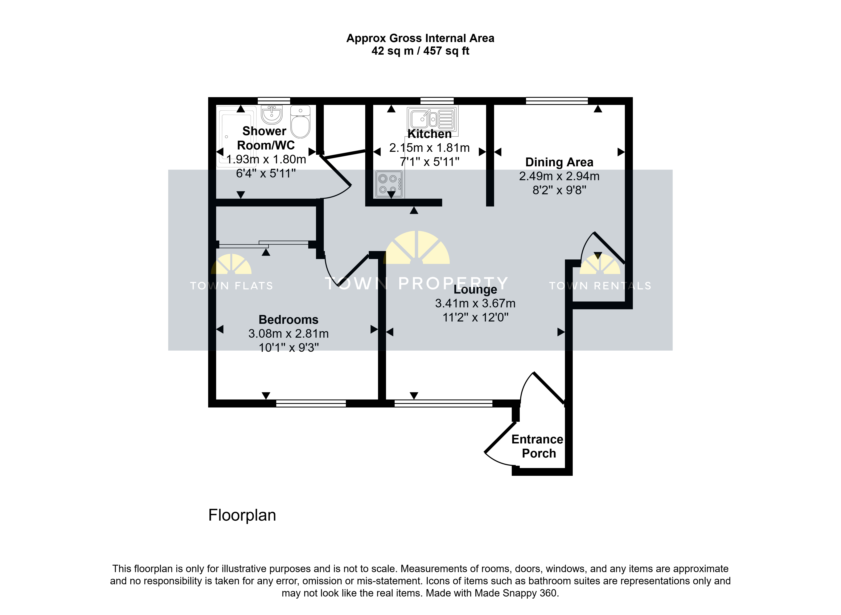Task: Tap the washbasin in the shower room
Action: [272, 114]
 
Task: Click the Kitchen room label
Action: [429, 134]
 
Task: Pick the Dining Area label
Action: [559, 162]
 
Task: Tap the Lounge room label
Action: [475, 290]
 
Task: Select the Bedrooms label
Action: [288, 320]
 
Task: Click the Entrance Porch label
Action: [538, 446]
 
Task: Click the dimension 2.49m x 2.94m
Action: [559, 176]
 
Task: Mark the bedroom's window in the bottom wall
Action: [311, 403]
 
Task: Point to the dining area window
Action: [557, 101]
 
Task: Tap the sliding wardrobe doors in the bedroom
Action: [264, 244]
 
